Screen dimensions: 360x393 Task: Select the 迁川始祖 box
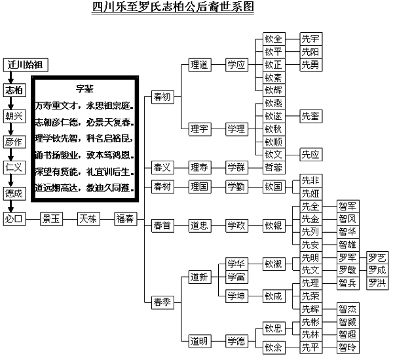pos(26,66)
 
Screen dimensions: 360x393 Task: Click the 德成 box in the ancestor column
pos(14,194)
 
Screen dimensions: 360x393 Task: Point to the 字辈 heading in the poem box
pos(86,88)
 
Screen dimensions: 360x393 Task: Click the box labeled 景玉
pos(51,219)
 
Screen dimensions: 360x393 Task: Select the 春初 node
pos(162,96)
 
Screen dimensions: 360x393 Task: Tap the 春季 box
pos(162,302)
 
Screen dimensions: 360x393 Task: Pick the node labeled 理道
pos(198,65)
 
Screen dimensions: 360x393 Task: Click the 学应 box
pos(236,65)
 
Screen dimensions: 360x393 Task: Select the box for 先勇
pos(310,65)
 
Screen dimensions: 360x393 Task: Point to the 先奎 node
pos(310,116)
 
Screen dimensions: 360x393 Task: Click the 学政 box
pos(236,226)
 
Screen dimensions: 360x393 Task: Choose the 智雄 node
pos(348,245)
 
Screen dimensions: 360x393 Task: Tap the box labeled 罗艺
pos(377,257)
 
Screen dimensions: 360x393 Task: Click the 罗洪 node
pos(377,283)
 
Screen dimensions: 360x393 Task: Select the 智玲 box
pos(348,347)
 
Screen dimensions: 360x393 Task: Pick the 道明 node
pos(198,340)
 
